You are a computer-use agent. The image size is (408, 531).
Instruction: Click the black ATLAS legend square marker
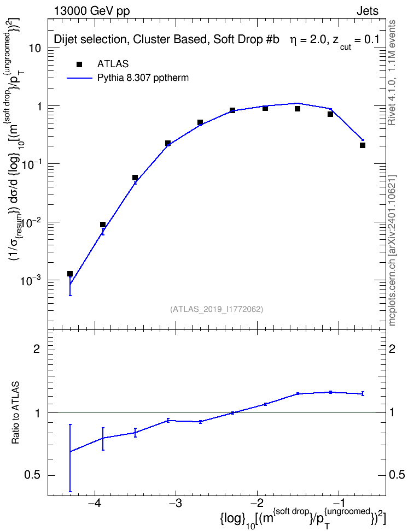click(x=79, y=64)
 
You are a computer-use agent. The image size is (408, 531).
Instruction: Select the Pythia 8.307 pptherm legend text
click(x=143, y=78)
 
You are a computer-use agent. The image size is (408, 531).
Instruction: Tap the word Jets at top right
click(x=368, y=11)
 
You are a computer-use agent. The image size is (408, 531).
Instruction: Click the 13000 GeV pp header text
click(x=92, y=11)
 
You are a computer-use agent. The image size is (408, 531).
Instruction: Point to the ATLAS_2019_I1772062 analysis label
click(x=217, y=309)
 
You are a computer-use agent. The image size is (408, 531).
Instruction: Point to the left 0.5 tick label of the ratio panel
click(x=33, y=476)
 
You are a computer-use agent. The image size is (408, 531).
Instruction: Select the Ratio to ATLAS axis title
click(x=16, y=413)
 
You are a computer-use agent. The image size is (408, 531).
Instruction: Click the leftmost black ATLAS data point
click(x=70, y=274)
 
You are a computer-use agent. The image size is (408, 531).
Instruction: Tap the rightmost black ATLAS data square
click(x=363, y=145)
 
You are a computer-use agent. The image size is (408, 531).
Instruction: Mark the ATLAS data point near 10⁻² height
click(x=103, y=225)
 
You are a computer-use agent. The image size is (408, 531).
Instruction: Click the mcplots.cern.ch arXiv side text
click(x=392, y=251)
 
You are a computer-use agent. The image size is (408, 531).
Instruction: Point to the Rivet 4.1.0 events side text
click(x=392, y=73)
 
